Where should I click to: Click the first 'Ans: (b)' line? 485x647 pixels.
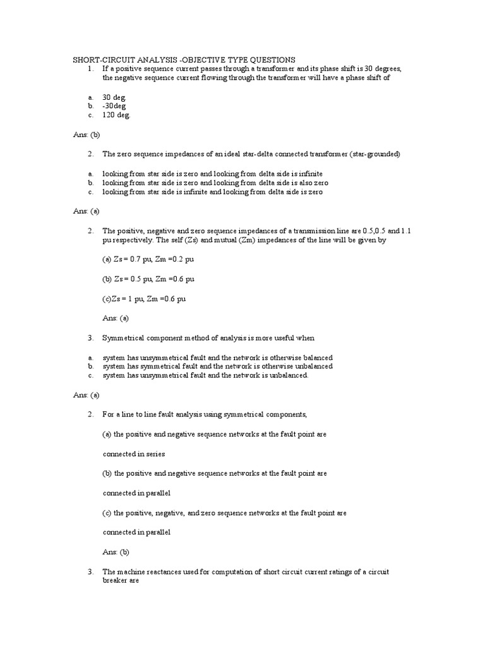87,135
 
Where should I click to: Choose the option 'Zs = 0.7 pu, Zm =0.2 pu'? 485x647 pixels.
148,260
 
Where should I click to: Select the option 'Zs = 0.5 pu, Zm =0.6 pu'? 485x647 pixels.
148,279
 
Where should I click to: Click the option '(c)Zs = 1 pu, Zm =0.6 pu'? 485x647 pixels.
144,298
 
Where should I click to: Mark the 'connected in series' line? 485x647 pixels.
133,454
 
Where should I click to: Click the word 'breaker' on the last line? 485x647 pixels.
116,581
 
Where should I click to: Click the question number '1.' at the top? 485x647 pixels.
91,68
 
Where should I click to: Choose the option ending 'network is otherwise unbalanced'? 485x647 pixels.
217,366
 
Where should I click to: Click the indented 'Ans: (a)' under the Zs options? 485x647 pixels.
116,318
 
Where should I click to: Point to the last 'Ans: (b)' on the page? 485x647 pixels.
116,552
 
